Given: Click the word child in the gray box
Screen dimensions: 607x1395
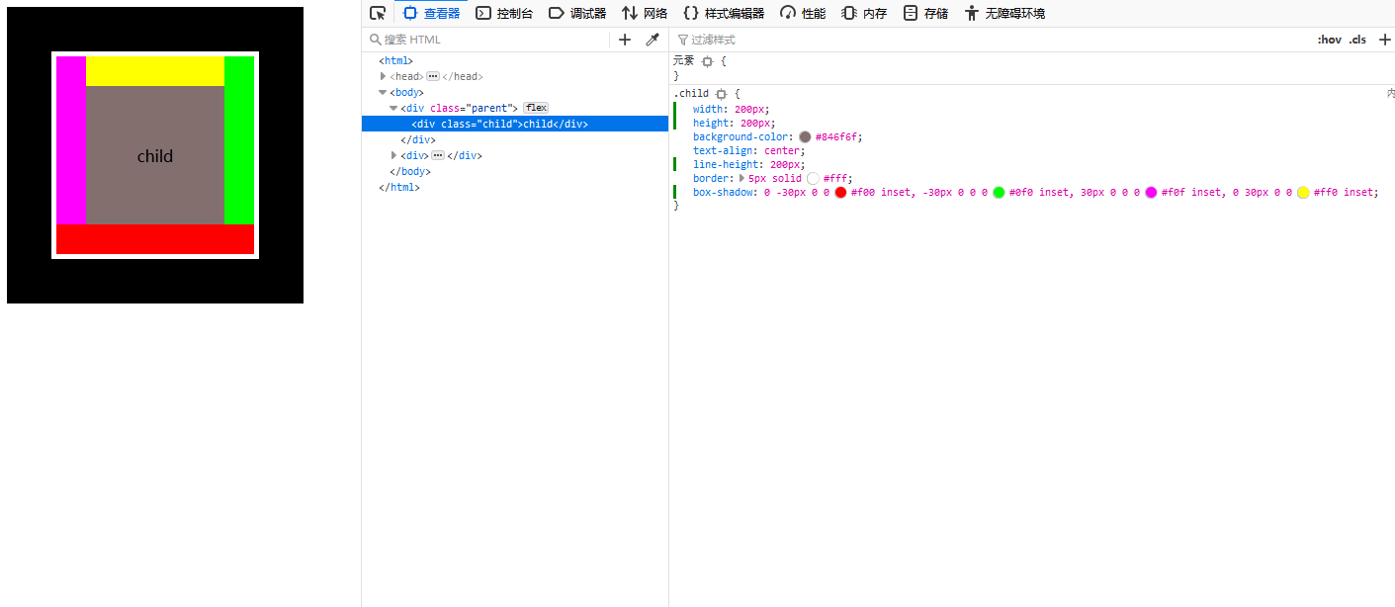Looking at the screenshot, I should click(155, 156).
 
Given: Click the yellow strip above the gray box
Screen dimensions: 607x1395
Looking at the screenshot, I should click(155, 71).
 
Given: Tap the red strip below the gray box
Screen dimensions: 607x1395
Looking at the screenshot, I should click(155, 239).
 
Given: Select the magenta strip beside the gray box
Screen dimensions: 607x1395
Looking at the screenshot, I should click(71, 140).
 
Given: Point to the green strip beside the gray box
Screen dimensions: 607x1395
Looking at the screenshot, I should click(239, 140).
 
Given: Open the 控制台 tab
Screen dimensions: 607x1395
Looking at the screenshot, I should click(504, 13).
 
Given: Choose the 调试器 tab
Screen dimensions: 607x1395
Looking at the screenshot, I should click(577, 13).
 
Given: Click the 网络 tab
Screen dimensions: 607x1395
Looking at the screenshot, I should click(645, 13).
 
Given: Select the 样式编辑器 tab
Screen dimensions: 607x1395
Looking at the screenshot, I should click(724, 13).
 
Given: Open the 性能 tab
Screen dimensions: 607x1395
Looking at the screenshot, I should click(803, 13).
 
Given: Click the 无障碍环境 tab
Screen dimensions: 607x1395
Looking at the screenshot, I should click(1004, 13).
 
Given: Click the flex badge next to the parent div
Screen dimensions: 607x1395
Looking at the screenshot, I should click(536, 108).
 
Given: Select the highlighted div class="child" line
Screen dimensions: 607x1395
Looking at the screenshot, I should click(499, 124).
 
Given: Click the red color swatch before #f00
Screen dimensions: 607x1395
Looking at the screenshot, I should click(840, 193).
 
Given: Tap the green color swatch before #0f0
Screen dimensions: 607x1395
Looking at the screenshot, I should click(999, 193).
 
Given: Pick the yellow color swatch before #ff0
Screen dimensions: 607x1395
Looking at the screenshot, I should click(1303, 193).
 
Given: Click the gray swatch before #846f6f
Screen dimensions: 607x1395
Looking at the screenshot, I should click(805, 137).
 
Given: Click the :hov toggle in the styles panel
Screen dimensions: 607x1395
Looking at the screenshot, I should click(1329, 40).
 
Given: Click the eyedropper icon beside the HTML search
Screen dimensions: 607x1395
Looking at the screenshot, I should click(652, 40).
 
